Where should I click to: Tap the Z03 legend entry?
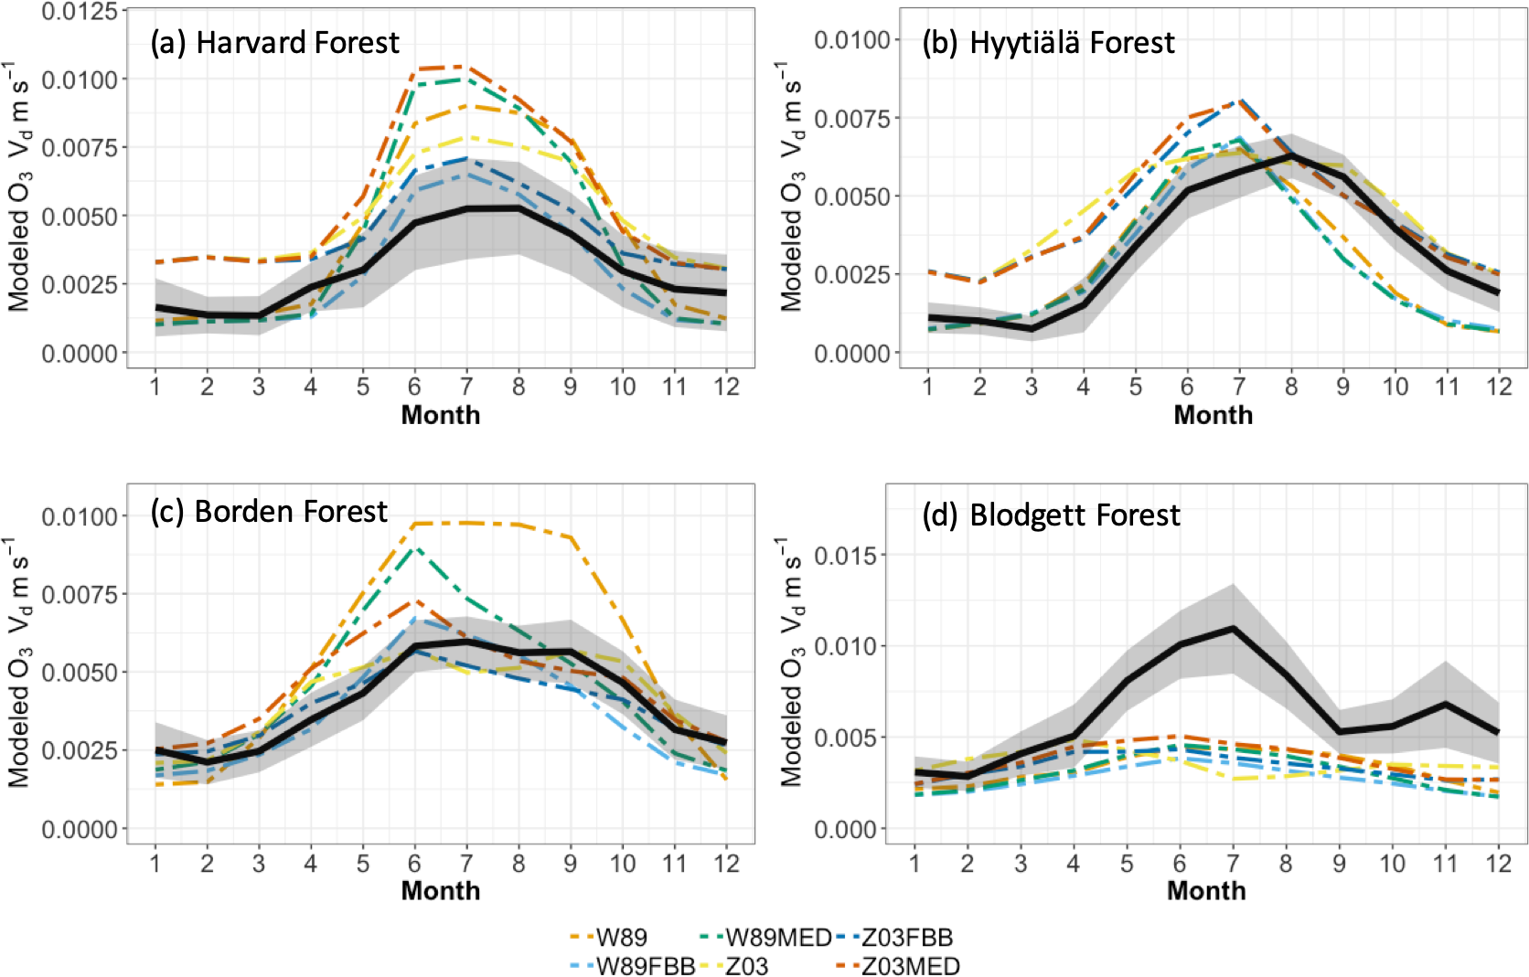(746, 966)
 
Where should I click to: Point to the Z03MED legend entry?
(911, 966)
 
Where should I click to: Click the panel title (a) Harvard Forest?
(274, 43)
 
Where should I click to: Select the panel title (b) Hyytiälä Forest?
(1048, 43)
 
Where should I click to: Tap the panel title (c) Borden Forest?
(269, 512)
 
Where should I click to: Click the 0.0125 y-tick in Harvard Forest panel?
(80, 12)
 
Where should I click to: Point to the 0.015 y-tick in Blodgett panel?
(845, 556)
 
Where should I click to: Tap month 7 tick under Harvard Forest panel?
(466, 387)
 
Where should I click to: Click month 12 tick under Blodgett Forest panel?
(1499, 863)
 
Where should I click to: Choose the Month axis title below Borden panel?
(441, 891)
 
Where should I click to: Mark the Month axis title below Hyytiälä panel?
(1213, 415)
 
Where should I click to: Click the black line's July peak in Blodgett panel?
(1233, 629)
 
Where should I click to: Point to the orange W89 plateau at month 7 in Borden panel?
(466, 523)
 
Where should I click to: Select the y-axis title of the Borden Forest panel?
(20, 665)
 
